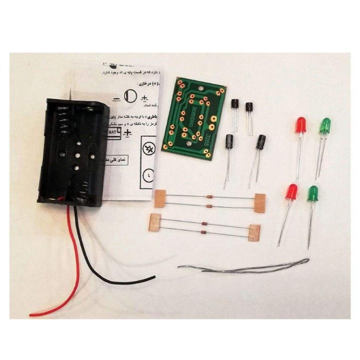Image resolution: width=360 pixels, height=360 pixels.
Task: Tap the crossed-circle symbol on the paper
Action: point(149,149)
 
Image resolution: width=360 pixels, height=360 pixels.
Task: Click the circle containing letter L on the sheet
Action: point(149,175)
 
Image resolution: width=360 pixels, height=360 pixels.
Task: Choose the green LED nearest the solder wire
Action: point(313,193)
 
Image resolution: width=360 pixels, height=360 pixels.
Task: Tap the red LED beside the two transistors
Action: point(300,125)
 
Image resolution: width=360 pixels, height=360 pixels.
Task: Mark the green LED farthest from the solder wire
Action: point(325,125)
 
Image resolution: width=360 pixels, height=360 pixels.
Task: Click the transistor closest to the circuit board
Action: point(234,107)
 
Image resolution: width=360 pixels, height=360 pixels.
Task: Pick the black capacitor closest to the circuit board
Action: point(229,143)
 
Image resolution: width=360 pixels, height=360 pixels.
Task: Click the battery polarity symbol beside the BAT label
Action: point(129,133)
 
